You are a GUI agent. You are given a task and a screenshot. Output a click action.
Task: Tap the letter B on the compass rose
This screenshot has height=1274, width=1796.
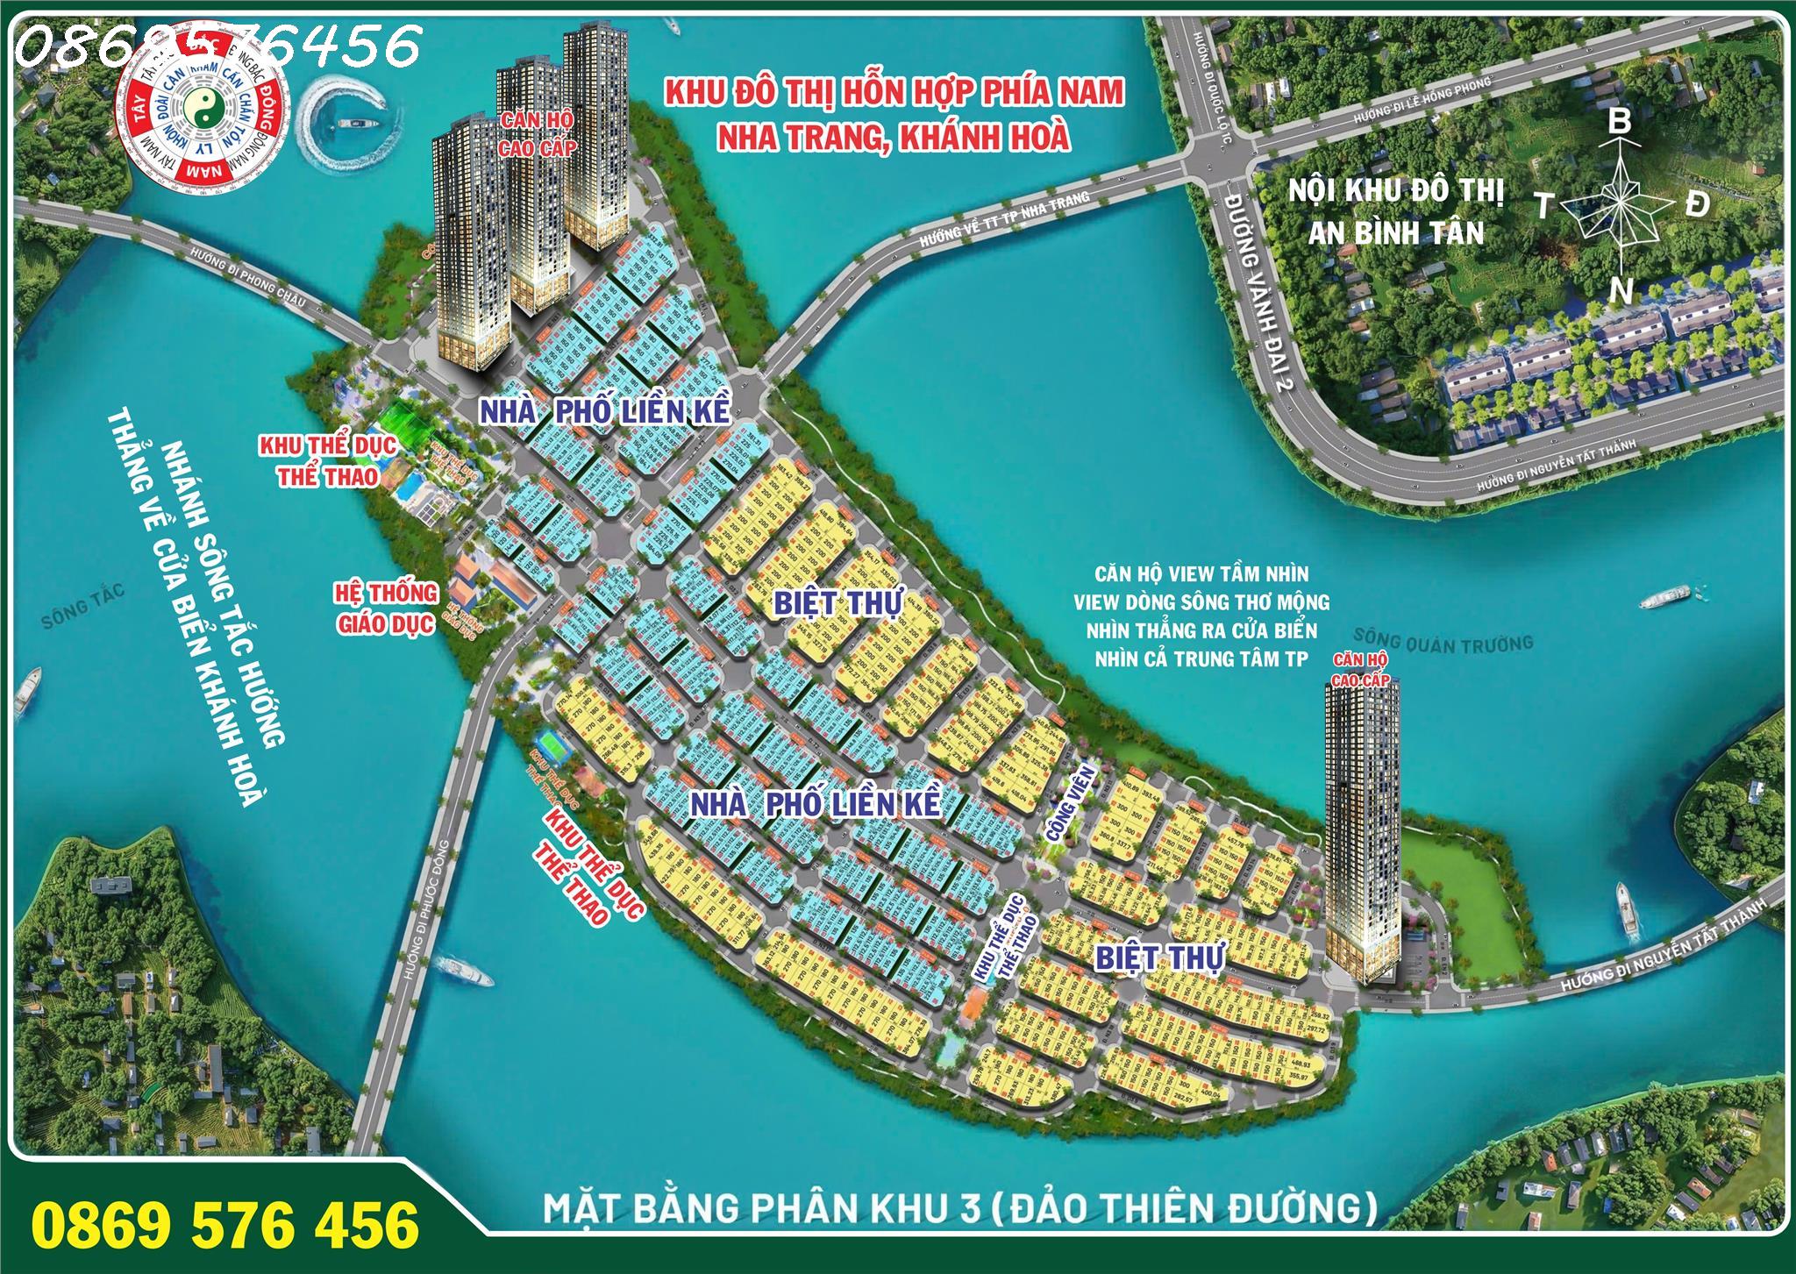1619,122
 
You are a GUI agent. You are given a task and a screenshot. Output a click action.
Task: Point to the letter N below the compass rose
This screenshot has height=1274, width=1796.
1621,290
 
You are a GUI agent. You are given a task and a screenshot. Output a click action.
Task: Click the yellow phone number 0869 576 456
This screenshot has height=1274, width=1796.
225,1224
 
